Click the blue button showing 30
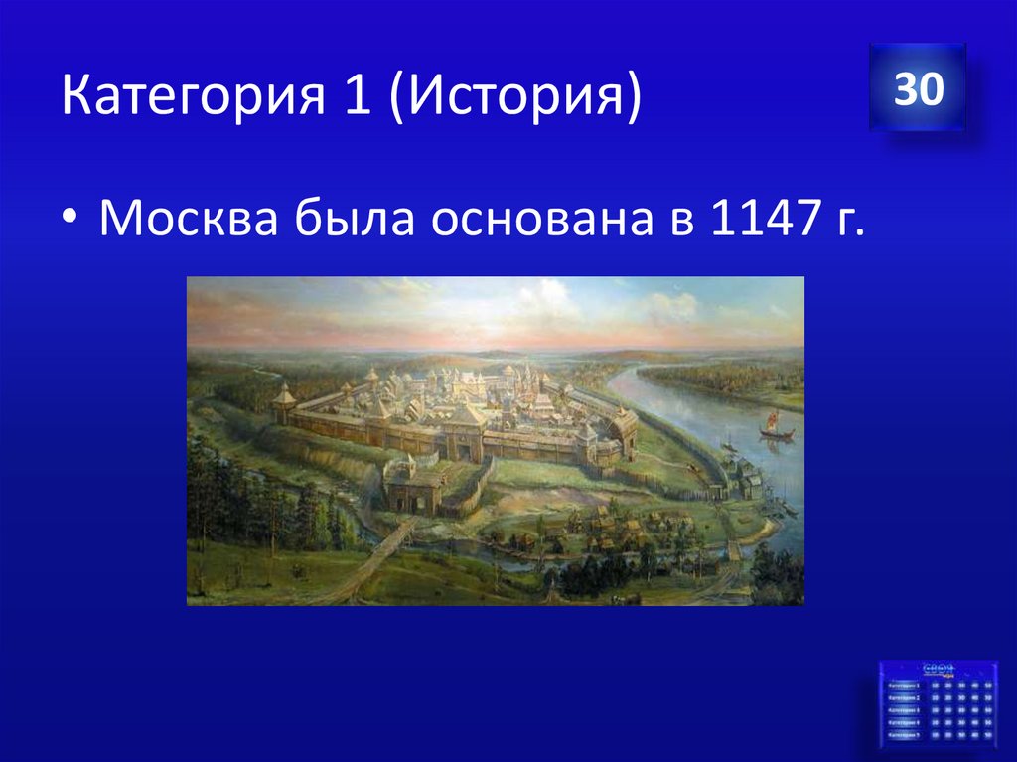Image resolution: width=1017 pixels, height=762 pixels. pos(917,89)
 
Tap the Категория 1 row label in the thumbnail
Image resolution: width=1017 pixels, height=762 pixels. pos(904,686)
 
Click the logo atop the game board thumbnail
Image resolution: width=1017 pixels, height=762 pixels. pos(940,668)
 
